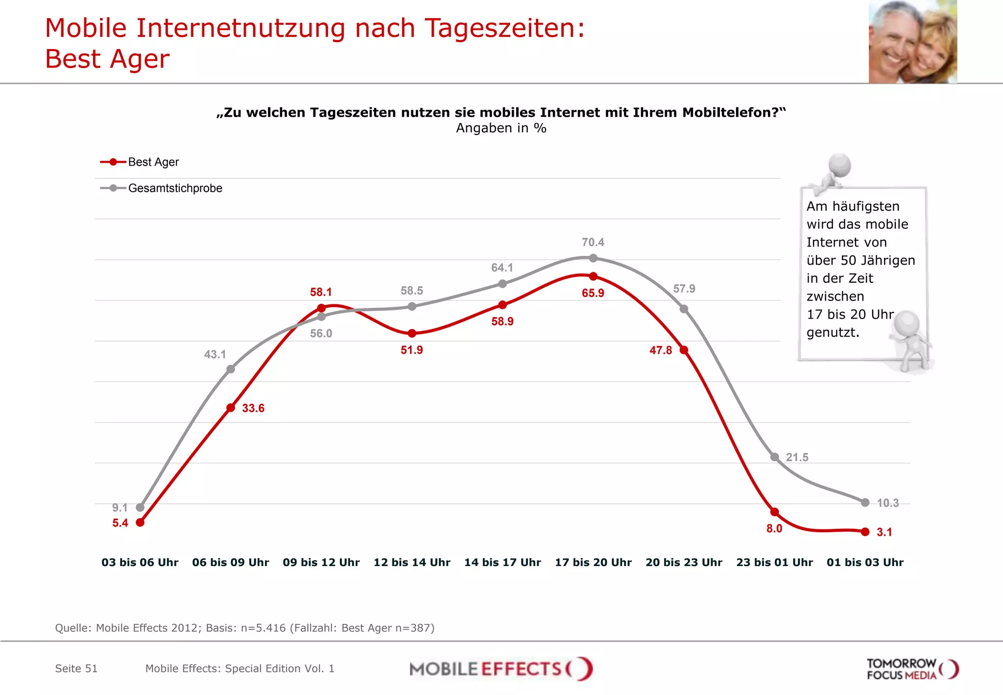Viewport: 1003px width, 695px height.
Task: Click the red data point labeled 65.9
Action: click(593, 276)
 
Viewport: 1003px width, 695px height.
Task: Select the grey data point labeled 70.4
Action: click(593, 258)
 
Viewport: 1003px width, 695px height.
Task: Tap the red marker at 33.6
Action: click(231, 408)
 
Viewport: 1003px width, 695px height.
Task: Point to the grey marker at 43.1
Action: click(231, 369)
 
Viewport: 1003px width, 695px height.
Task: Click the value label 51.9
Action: click(411, 350)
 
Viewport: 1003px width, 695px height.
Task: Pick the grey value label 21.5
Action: click(797, 457)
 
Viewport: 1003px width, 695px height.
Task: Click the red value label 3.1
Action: click(884, 532)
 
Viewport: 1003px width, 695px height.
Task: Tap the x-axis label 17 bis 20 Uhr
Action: click(593, 562)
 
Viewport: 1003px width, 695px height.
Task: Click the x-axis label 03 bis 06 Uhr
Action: click(140, 562)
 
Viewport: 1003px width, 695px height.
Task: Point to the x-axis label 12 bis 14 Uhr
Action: click(412, 562)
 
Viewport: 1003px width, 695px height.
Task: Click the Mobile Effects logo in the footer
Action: click(501, 669)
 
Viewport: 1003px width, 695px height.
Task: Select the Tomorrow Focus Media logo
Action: click(912, 669)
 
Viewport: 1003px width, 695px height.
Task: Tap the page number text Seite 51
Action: click(76, 669)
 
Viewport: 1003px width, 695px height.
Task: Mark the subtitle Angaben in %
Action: click(501, 128)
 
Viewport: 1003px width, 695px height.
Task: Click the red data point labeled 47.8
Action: click(684, 350)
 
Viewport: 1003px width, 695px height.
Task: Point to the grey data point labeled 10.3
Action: click(865, 502)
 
